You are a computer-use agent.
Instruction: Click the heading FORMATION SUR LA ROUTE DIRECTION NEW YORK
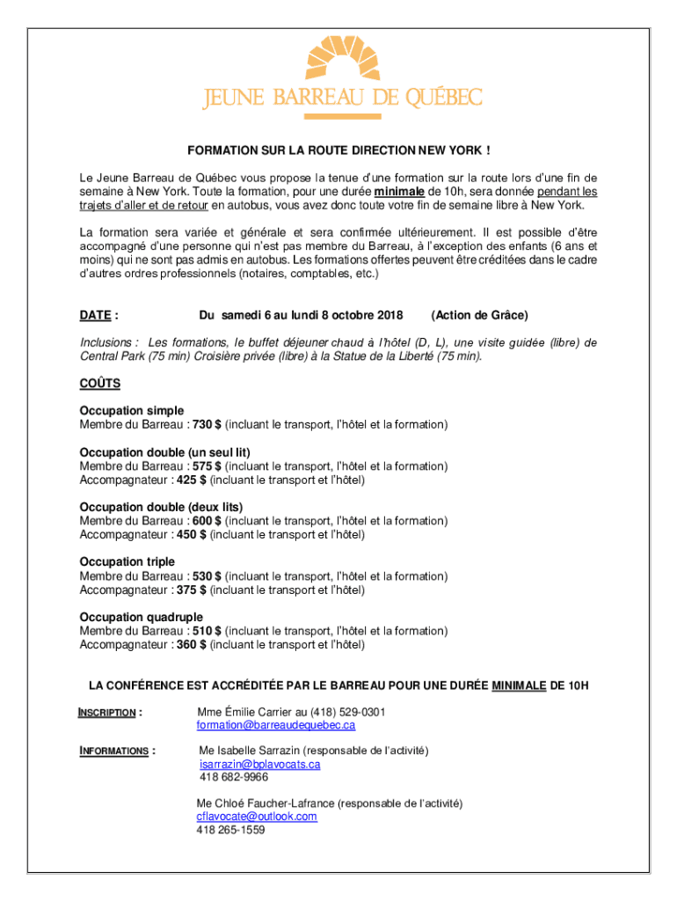pyautogui.click(x=338, y=150)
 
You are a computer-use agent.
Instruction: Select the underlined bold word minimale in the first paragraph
pyautogui.click(x=400, y=191)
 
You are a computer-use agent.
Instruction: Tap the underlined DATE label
pyautogui.click(x=95, y=315)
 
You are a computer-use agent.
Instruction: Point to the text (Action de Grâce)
pyautogui.click(x=479, y=315)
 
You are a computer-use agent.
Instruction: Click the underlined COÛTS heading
pyautogui.click(x=100, y=384)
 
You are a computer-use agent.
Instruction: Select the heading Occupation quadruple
pyautogui.click(x=142, y=617)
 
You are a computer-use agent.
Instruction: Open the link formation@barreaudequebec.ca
pyautogui.click(x=275, y=725)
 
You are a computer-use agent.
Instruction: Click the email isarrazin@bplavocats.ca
pyautogui.click(x=259, y=765)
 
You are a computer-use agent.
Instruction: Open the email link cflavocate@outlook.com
pyautogui.click(x=257, y=817)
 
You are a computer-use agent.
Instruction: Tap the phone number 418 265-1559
pyautogui.click(x=230, y=830)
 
